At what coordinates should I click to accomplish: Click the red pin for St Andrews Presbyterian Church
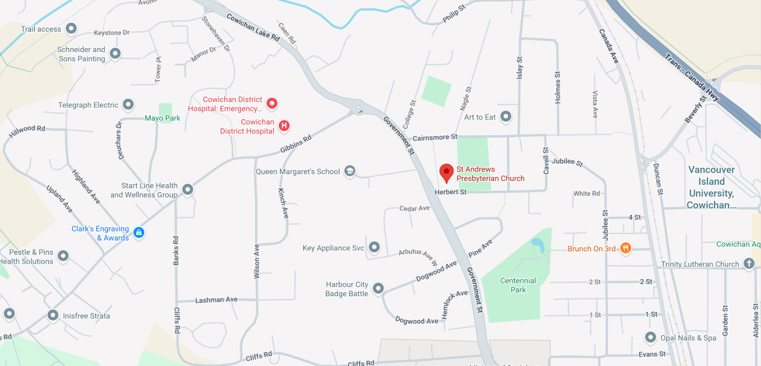[x=447, y=173]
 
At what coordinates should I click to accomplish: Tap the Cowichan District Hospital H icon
[x=284, y=125]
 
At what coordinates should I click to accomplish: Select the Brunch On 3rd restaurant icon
[x=626, y=248]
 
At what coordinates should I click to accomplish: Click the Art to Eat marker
[x=506, y=116]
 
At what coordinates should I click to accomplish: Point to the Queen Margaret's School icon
[x=350, y=171]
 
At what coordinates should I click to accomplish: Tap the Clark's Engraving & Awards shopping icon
[x=139, y=232]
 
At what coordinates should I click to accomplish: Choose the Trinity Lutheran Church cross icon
[x=749, y=263]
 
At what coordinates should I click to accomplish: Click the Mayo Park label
[x=162, y=118]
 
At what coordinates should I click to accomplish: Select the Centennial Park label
[x=518, y=285]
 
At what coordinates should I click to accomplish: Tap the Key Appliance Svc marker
[x=374, y=247]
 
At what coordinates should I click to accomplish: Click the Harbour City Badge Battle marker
[x=378, y=288]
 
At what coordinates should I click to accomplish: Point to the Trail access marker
[x=71, y=28]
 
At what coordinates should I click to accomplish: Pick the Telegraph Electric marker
[x=128, y=105]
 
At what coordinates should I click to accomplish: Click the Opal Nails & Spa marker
[x=650, y=337]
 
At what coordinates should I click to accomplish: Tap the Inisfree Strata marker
[x=53, y=315]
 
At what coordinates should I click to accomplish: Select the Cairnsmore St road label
[x=435, y=137]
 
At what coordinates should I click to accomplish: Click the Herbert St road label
[x=450, y=192]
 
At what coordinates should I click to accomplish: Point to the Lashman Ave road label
[x=216, y=300]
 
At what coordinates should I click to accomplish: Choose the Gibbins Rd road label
[x=296, y=144]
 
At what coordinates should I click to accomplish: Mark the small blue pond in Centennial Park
[x=538, y=245]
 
